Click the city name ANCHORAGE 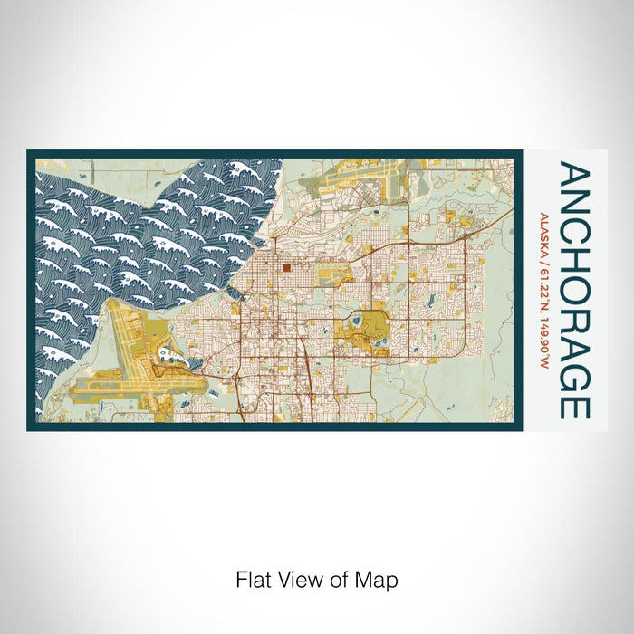(575, 290)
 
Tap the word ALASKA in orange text (543, 234)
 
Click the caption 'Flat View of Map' (316, 578)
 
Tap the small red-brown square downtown (285, 267)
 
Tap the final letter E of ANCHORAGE (575, 408)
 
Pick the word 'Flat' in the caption (253, 578)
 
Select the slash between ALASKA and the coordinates (543, 262)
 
